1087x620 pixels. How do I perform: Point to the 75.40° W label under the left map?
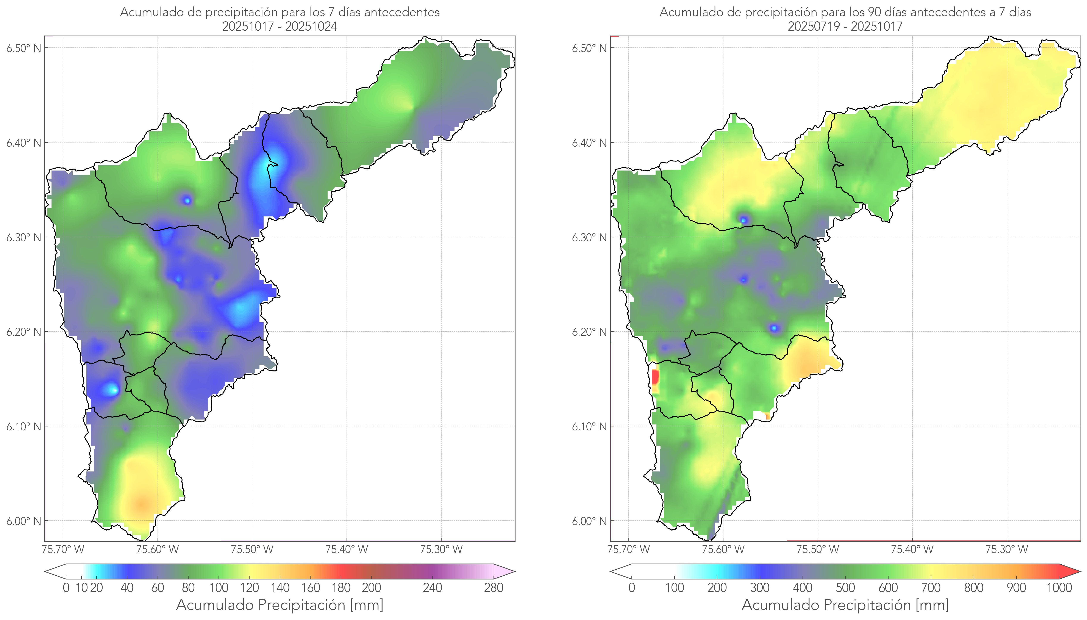(347, 549)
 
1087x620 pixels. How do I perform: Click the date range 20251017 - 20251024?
(280, 26)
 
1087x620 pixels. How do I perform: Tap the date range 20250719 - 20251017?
(845, 26)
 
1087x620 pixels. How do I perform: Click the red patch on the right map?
(655, 377)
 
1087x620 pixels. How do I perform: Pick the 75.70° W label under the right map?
(629, 549)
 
